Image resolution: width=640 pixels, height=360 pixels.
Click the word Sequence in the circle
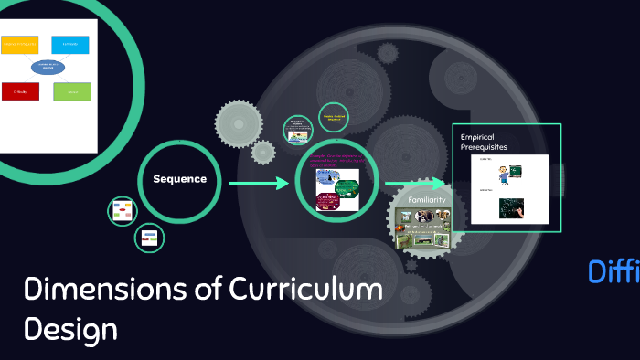click(180, 179)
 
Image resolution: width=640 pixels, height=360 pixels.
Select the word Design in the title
click(71, 328)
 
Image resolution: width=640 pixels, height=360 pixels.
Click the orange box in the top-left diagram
click(19, 44)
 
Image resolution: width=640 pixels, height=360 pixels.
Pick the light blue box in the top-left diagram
click(70, 44)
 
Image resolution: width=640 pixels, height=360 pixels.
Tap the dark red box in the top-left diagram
click(19, 90)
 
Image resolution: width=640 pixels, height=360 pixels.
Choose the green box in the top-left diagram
click(71, 91)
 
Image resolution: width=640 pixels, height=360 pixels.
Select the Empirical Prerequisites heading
click(484, 142)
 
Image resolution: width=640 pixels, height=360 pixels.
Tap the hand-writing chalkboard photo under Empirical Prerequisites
click(510, 207)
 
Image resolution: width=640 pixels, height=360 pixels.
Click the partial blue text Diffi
click(613, 271)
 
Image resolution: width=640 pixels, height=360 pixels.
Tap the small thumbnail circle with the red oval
click(122, 212)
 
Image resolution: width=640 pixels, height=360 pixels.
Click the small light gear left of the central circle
click(243, 121)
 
